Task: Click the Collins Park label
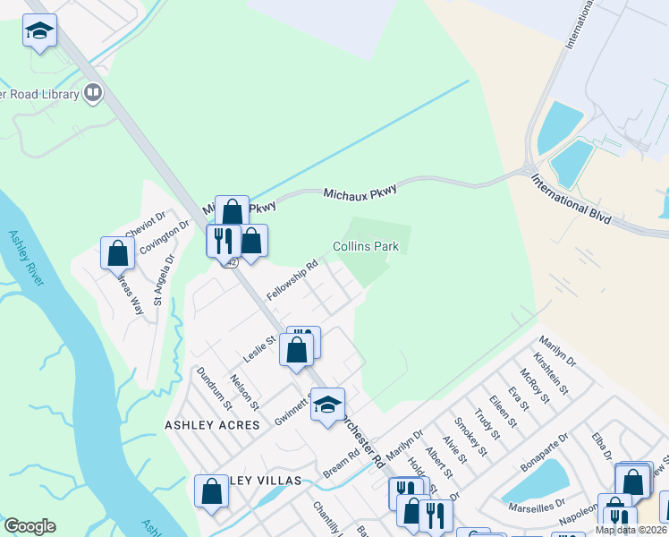[x=365, y=246]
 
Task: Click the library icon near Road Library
[x=93, y=92]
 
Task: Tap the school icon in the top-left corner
[x=39, y=31]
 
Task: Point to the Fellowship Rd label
[x=292, y=280]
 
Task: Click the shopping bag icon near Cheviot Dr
[x=117, y=253]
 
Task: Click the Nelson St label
[x=244, y=392]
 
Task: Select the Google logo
[x=30, y=527]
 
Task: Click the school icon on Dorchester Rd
[x=327, y=405]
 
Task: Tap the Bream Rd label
[x=341, y=464]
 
